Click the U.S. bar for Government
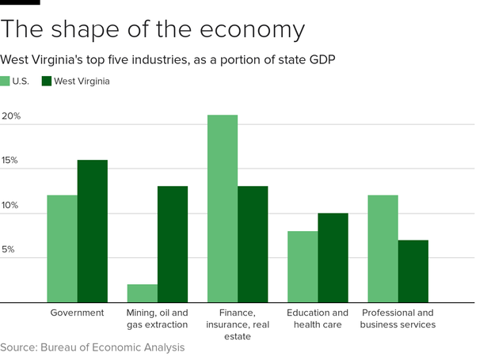coord(62,248)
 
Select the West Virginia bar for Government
coord(92,231)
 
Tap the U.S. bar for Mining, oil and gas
coord(142,294)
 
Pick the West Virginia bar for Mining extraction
coord(173,244)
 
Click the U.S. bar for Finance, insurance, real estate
coord(222,209)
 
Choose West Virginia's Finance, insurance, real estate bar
coord(253,244)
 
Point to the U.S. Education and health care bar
coord(302,267)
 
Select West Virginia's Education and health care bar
coord(333,258)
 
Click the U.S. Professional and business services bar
coord(383,248)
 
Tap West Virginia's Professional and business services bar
coord(413,271)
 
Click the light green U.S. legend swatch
coord(6,81)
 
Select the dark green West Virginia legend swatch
coord(47,81)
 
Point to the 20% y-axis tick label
coord(11,116)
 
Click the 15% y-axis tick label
coord(11,161)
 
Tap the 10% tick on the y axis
coord(11,206)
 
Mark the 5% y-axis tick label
coord(8,250)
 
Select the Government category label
coord(77,313)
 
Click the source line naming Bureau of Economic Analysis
coord(92,347)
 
